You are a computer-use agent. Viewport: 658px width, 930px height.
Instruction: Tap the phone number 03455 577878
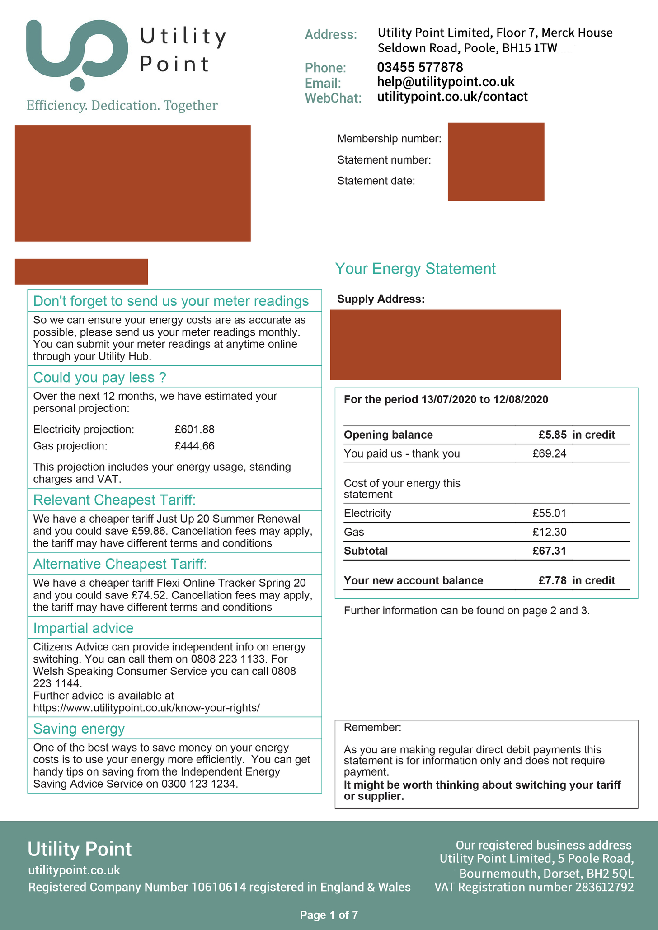tap(420, 67)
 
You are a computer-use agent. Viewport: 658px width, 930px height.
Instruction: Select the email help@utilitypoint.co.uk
tap(446, 82)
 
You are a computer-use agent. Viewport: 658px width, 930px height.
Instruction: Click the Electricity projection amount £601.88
tap(194, 429)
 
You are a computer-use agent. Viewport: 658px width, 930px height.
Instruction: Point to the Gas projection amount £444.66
tap(194, 446)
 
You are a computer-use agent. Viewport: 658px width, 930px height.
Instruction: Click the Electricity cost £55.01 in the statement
tap(549, 513)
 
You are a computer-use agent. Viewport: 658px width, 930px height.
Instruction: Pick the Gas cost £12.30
tap(549, 532)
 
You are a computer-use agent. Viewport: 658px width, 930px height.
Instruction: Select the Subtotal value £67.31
tap(549, 551)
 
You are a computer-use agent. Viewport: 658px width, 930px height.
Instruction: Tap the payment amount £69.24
tap(549, 453)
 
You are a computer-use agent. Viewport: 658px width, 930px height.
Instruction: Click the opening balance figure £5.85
tap(552, 435)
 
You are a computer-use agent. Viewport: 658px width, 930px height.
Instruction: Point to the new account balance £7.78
tap(552, 580)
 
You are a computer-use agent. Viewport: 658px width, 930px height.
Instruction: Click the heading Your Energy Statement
tap(415, 269)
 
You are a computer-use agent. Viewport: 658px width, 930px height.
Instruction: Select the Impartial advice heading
tap(83, 628)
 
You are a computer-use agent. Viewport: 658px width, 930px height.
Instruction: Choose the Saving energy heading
tap(79, 729)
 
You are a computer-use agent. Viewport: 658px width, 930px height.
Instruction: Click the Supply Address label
tap(381, 299)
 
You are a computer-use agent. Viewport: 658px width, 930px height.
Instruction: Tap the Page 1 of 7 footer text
tap(329, 915)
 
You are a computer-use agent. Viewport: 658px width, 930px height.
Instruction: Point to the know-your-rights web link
tap(146, 708)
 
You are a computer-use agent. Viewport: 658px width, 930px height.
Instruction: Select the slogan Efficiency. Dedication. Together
tap(122, 105)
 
